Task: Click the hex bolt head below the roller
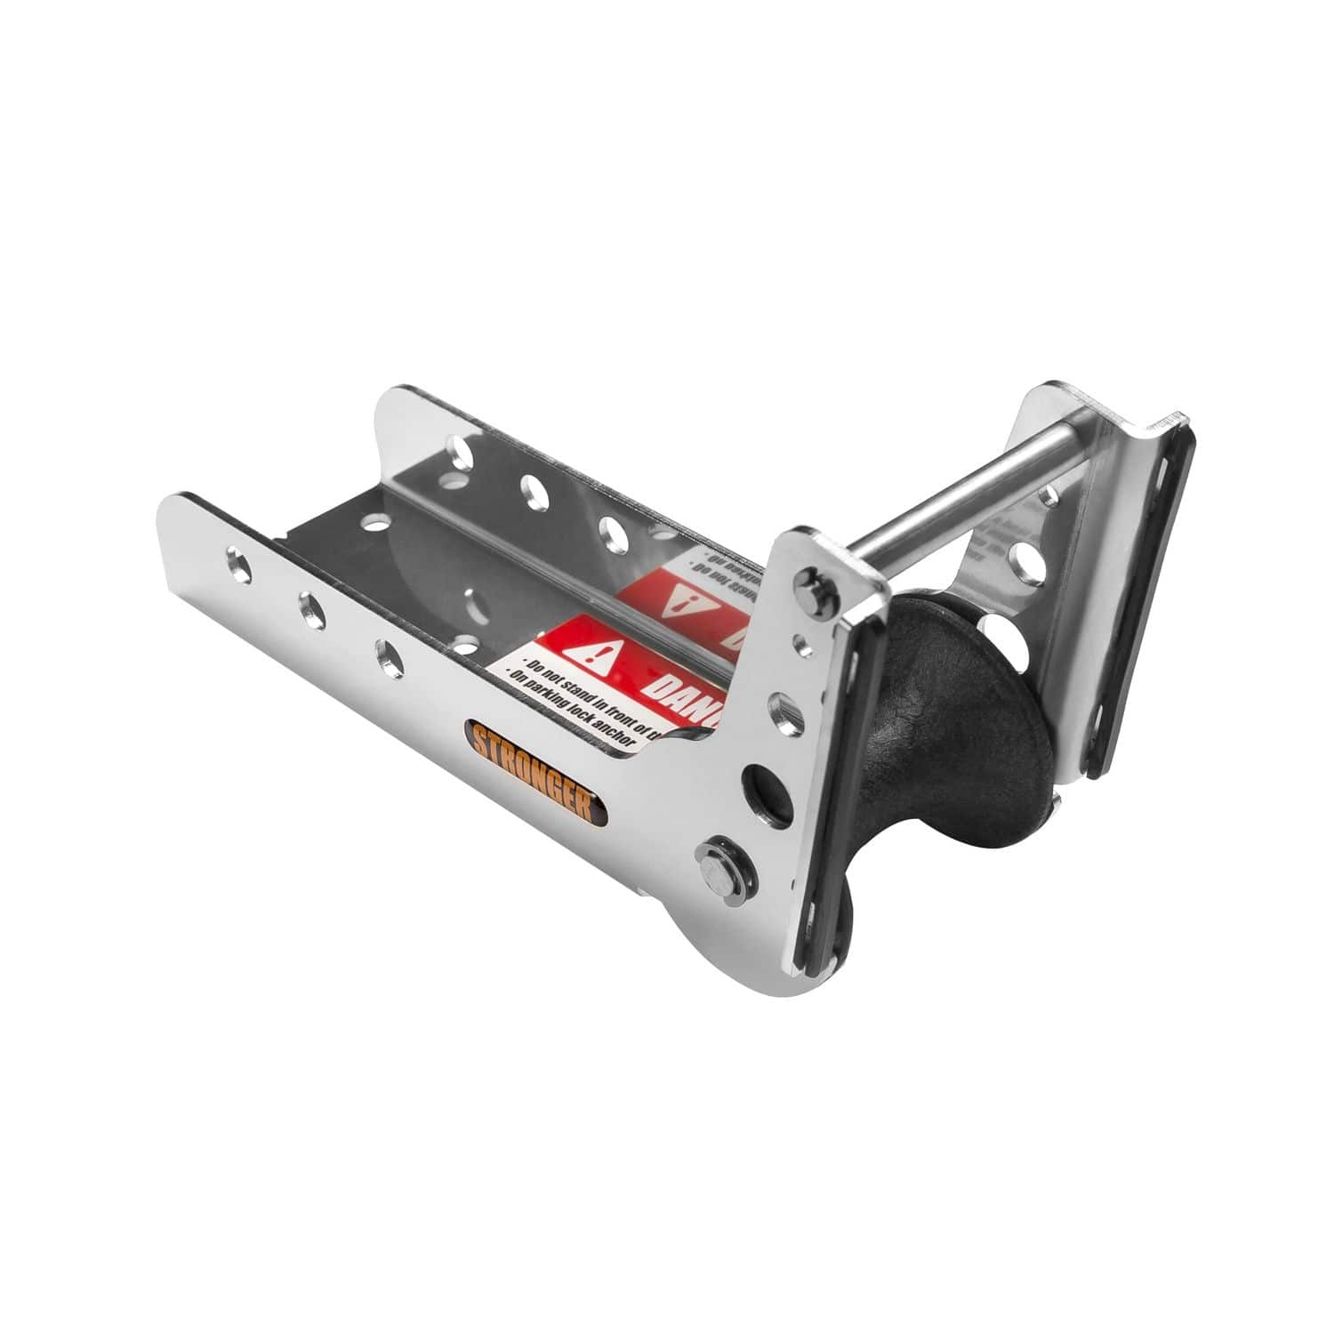pyautogui.click(x=716, y=867)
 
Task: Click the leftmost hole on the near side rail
pyautogui.click(x=237, y=567)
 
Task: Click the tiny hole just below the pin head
pyautogui.click(x=804, y=637)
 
